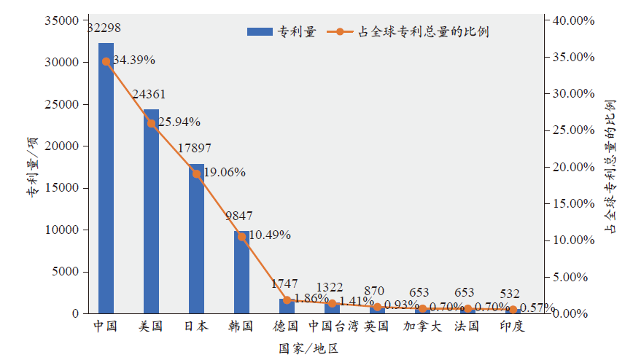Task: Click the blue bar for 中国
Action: pyautogui.click(x=106, y=179)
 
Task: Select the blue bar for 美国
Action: pyautogui.click(x=151, y=211)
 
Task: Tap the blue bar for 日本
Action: pyautogui.click(x=196, y=238)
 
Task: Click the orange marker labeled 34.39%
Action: pyautogui.click(x=106, y=62)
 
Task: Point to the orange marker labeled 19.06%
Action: pyautogui.click(x=196, y=174)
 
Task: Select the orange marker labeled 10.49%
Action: pyautogui.click(x=241, y=236)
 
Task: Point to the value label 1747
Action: pyautogui.click(x=284, y=283)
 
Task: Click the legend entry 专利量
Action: pyautogui.click(x=281, y=31)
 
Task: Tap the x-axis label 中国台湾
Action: pyautogui.click(x=333, y=326)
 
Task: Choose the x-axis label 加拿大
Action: pyautogui.click(x=422, y=326)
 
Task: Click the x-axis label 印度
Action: pyautogui.click(x=512, y=326)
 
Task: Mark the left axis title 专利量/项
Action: pyautogui.click(x=33, y=167)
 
